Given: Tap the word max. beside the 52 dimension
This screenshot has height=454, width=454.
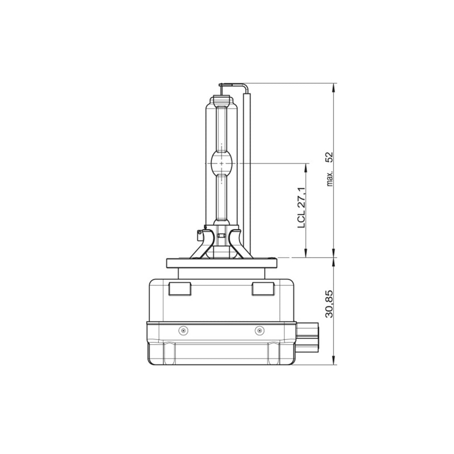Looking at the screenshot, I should (330, 178).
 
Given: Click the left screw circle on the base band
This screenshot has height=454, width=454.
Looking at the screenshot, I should (183, 330).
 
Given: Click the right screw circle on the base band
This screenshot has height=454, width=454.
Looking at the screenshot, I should (259, 330).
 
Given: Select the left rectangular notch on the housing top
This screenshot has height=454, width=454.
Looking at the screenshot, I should (179, 288).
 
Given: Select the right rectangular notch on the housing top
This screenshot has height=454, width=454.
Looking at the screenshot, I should (262, 288).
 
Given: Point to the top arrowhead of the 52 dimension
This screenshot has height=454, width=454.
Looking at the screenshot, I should (335, 87).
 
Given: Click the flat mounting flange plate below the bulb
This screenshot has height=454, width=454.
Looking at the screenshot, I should (222, 263).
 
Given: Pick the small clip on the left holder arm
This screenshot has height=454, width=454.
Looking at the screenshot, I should (199, 234).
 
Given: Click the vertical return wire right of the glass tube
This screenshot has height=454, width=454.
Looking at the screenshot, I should (248, 173).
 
